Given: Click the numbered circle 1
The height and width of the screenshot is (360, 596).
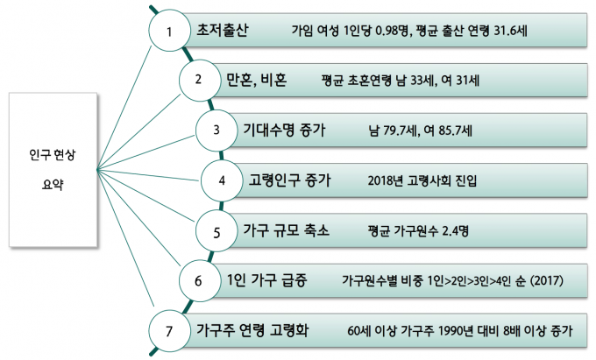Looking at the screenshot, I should point(171,32).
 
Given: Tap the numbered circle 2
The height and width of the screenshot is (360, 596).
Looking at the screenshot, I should point(198,81).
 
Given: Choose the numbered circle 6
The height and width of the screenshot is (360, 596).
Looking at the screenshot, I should point(198,281).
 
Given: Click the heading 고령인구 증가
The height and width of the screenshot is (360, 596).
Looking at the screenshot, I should point(290,180).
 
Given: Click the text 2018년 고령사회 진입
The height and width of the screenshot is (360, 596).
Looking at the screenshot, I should point(423,181).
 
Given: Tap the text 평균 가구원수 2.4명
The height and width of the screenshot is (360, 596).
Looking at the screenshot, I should point(418,231).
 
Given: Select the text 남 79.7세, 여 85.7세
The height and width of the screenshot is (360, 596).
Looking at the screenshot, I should point(422,131).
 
